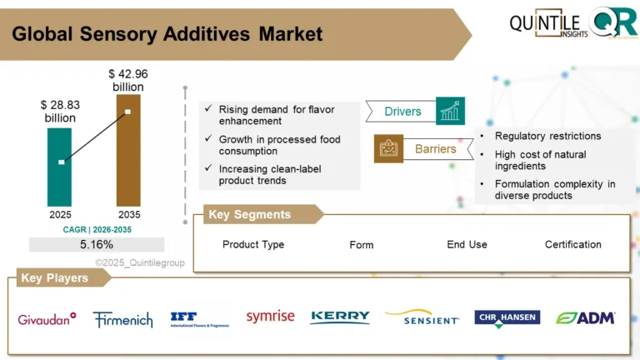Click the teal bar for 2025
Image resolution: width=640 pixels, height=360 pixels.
click(60, 166)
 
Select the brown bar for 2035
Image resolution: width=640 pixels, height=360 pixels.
click(128, 150)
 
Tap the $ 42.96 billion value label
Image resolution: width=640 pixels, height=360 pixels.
click(127, 80)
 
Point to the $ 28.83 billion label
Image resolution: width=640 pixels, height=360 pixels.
click(60, 112)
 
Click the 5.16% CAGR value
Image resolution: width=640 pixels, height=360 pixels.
click(97, 244)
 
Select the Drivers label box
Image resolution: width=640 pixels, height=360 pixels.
click(402, 112)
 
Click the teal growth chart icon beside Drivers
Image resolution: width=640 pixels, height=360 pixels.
click(450, 111)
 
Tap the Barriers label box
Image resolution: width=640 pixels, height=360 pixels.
click(435, 149)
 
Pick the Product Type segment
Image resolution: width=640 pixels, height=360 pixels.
click(253, 244)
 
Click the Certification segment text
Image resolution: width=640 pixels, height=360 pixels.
click(572, 244)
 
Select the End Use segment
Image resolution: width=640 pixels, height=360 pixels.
click(467, 244)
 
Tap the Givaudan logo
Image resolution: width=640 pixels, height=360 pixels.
click(47, 317)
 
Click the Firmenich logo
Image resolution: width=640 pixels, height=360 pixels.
click(123, 318)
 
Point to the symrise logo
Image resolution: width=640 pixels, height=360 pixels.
click(270, 316)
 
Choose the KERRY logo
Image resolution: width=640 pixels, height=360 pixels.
click(340, 317)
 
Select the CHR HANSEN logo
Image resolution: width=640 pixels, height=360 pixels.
click(507, 317)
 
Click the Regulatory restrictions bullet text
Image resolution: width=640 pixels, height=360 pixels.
click(547, 136)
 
